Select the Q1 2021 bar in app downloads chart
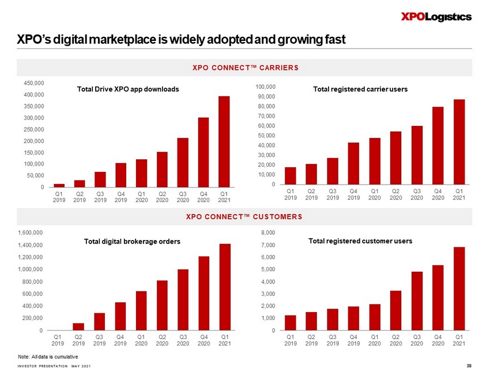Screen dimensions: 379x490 click(224, 141)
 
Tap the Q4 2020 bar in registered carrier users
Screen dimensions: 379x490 click(438, 145)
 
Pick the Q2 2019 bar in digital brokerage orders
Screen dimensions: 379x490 click(78, 327)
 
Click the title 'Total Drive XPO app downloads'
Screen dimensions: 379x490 click(128, 89)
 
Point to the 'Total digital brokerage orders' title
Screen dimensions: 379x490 click(129, 242)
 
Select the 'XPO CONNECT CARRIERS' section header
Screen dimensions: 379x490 click(244, 68)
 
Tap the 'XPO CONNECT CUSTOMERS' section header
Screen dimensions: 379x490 click(244, 217)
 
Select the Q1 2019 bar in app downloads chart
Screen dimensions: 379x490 click(59, 185)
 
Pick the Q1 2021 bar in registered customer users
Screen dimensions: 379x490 click(459, 288)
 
